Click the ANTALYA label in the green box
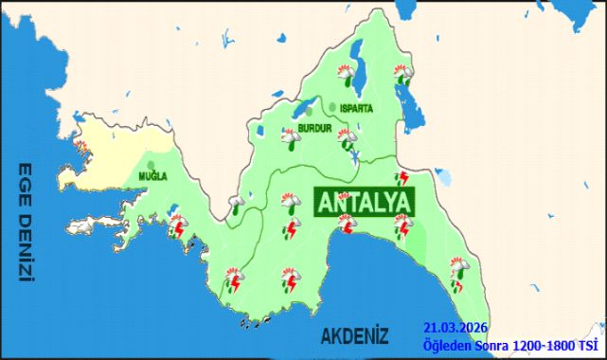[364, 202]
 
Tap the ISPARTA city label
[355, 108]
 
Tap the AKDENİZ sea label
[355, 335]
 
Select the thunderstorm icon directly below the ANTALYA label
[348, 225]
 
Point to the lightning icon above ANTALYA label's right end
[402, 177]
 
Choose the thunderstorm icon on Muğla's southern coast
[176, 226]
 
